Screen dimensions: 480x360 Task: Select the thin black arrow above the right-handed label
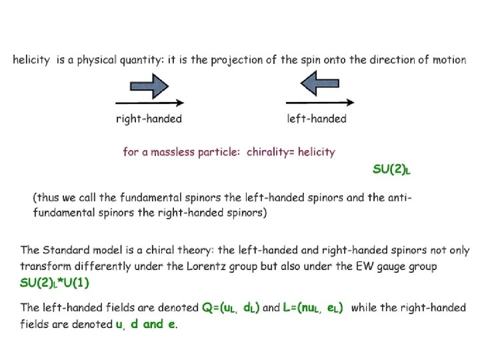tap(150, 103)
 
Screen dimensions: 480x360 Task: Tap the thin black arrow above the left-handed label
tap(320, 103)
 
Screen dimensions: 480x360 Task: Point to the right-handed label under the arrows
tap(149, 119)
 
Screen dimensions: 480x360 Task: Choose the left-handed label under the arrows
tap(317, 119)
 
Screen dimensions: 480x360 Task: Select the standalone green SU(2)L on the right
tap(391, 170)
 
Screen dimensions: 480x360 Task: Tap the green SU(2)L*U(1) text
tap(55, 283)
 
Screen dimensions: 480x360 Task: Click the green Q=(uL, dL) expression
tap(231, 308)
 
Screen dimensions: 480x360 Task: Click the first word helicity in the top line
tap(31, 60)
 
